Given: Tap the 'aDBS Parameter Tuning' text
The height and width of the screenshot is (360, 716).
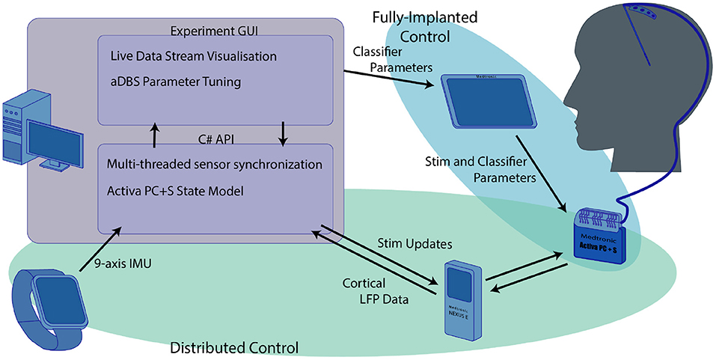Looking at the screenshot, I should pos(176,82).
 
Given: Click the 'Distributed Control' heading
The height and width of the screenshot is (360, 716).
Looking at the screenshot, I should pos(234,347).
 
